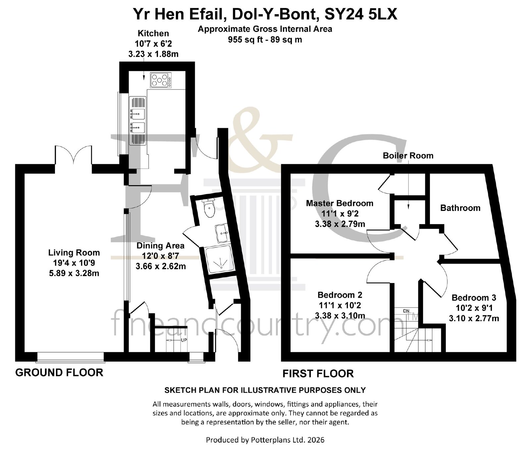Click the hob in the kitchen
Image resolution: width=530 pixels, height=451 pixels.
coord(161,80)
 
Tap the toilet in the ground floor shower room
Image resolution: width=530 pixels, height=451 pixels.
coord(209,208)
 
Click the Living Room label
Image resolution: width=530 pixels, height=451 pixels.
coord(74,253)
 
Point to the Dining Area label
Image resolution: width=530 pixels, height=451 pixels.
coord(160,246)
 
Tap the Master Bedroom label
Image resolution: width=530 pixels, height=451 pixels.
coord(340,203)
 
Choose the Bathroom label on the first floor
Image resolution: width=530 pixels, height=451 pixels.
coord(460,208)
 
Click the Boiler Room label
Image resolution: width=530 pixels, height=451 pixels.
coord(408,156)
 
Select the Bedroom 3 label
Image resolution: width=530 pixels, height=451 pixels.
coord(474,298)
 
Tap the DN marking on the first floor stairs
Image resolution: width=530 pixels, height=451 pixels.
coord(406,311)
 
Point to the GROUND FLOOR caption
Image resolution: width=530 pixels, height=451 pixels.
coord(59,373)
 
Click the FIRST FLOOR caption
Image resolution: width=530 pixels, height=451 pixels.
coord(318,374)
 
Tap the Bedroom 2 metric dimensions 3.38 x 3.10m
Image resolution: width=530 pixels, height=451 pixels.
coord(340,316)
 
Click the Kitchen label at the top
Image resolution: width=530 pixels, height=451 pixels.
coord(153,33)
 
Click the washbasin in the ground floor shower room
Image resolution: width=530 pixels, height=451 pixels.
coord(222,233)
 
